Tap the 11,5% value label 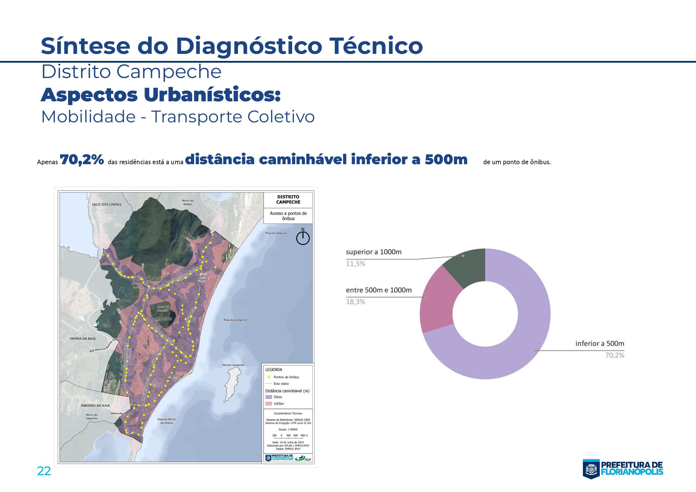click(x=356, y=264)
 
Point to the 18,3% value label click(x=356, y=302)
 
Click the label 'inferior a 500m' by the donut click(x=600, y=344)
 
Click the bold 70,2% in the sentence click(x=82, y=160)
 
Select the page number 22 click(x=44, y=472)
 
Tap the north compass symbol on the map click(x=303, y=238)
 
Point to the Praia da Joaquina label click(x=276, y=233)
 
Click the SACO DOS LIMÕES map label click(x=106, y=205)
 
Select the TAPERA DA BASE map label click(x=83, y=338)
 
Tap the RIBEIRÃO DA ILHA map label click(x=95, y=405)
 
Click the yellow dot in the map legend click(x=269, y=377)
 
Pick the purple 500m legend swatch click(x=269, y=397)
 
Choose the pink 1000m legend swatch click(x=269, y=404)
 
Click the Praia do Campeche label click(x=235, y=320)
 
